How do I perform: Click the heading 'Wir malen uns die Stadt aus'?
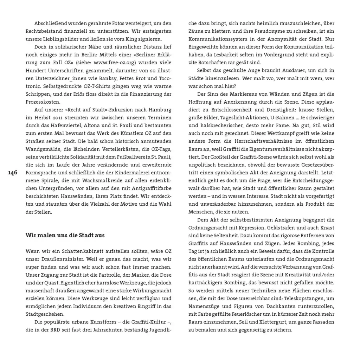65,235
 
